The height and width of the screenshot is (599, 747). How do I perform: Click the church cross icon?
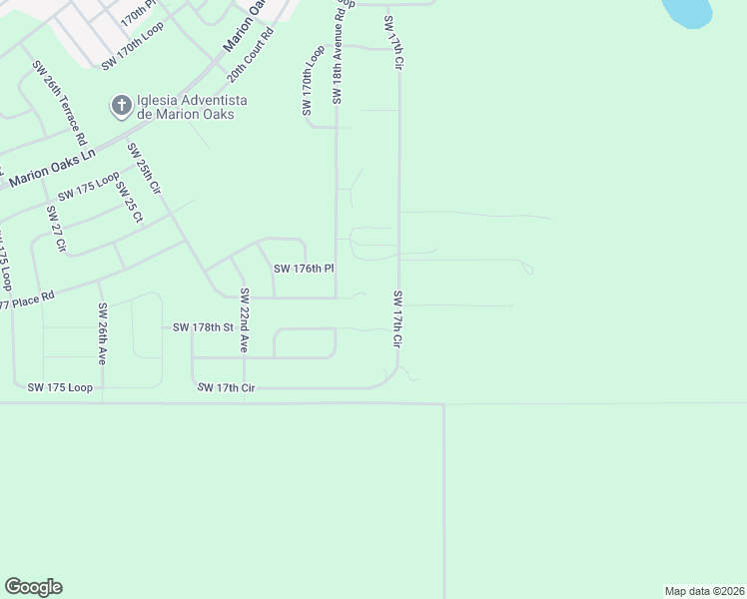pos(121,105)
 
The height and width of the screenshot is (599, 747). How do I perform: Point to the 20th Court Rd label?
pos(250,55)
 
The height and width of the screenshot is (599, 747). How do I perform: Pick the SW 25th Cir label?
pos(144,169)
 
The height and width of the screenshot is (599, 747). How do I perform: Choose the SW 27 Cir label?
pos(55,229)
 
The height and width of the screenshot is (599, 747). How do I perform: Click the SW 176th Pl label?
pos(303,269)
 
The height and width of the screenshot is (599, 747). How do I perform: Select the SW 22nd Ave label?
pos(244,321)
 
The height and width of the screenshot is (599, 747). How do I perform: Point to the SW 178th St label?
pos(203,326)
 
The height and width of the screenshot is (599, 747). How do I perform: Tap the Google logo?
pos(33,587)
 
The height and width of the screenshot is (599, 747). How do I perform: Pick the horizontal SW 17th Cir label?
pos(227,387)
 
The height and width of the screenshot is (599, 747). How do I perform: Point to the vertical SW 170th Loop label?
pos(308,81)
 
